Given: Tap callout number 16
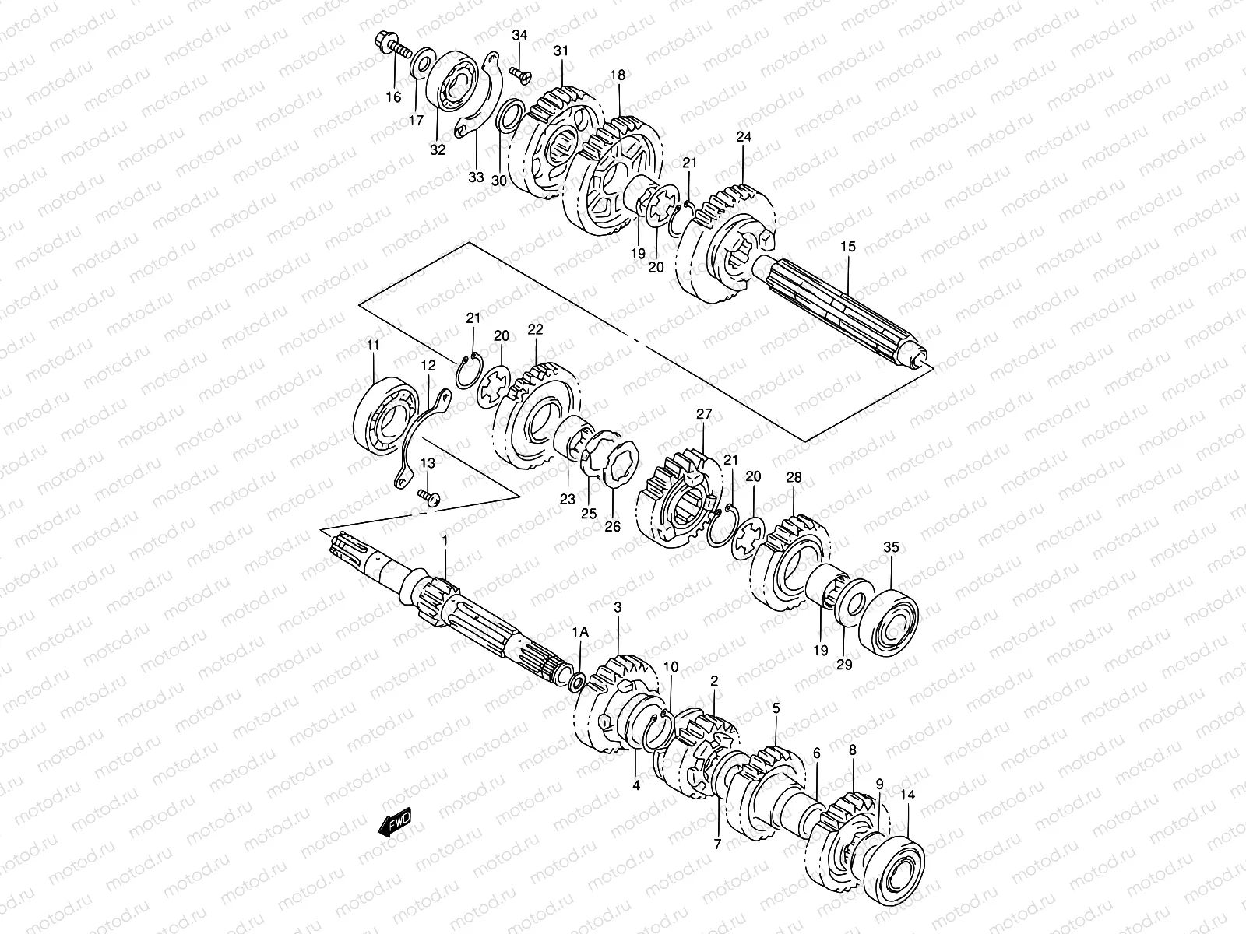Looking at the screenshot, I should click(x=393, y=97).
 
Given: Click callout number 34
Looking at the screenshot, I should click(x=519, y=36).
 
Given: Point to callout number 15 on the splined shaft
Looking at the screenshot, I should click(x=847, y=247).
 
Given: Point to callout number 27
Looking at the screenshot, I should click(x=704, y=416).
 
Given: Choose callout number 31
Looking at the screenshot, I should click(x=561, y=51).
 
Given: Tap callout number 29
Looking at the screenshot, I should click(x=844, y=664).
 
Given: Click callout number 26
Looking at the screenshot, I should click(x=613, y=527).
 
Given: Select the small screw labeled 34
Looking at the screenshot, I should click(x=519, y=73).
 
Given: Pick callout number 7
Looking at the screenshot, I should click(x=716, y=843).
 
